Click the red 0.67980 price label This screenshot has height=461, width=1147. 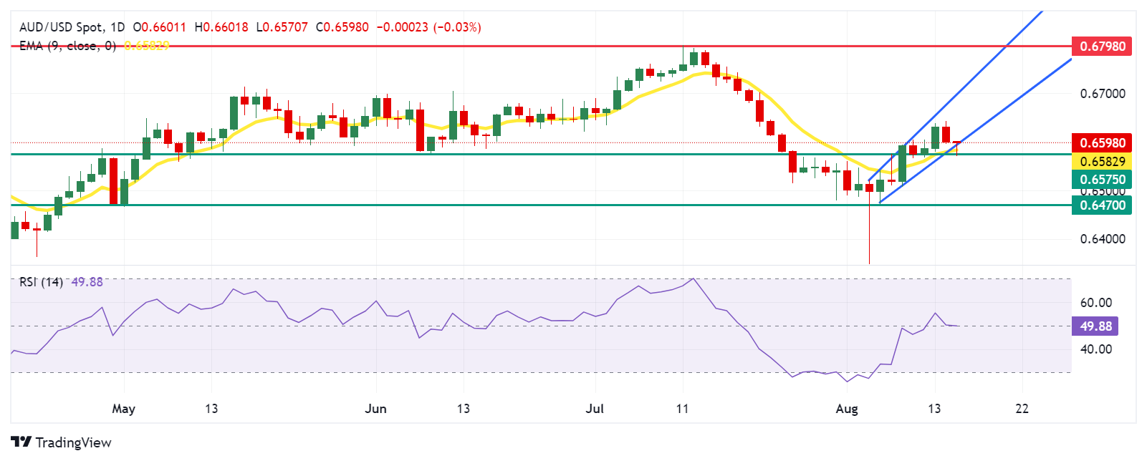tap(1101, 47)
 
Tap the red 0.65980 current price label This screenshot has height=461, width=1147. tap(1101, 143)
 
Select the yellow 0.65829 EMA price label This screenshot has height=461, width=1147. tap(1101, 162)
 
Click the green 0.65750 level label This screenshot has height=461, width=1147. tap(1101, 180)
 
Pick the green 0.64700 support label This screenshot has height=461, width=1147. tap(1101, 205)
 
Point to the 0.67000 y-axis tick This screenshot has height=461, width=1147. tap(1102, 94)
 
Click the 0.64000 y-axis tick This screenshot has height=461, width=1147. tap(1102, 239)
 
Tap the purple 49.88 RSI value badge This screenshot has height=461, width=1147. tap(1095, 326)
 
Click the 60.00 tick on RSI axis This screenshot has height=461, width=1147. tap(1096, 303)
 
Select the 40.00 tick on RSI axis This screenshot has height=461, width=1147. tap(1096, 349)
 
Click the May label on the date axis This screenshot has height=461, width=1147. tap(123, 409)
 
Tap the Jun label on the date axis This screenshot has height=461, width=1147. tap(375, 409)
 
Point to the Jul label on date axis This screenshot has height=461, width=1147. tap(595, 409)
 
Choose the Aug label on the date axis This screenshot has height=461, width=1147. tap(847, 409)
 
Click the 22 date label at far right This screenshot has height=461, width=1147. tap(1022, 409)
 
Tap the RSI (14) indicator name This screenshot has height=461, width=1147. tap(41, 282)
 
